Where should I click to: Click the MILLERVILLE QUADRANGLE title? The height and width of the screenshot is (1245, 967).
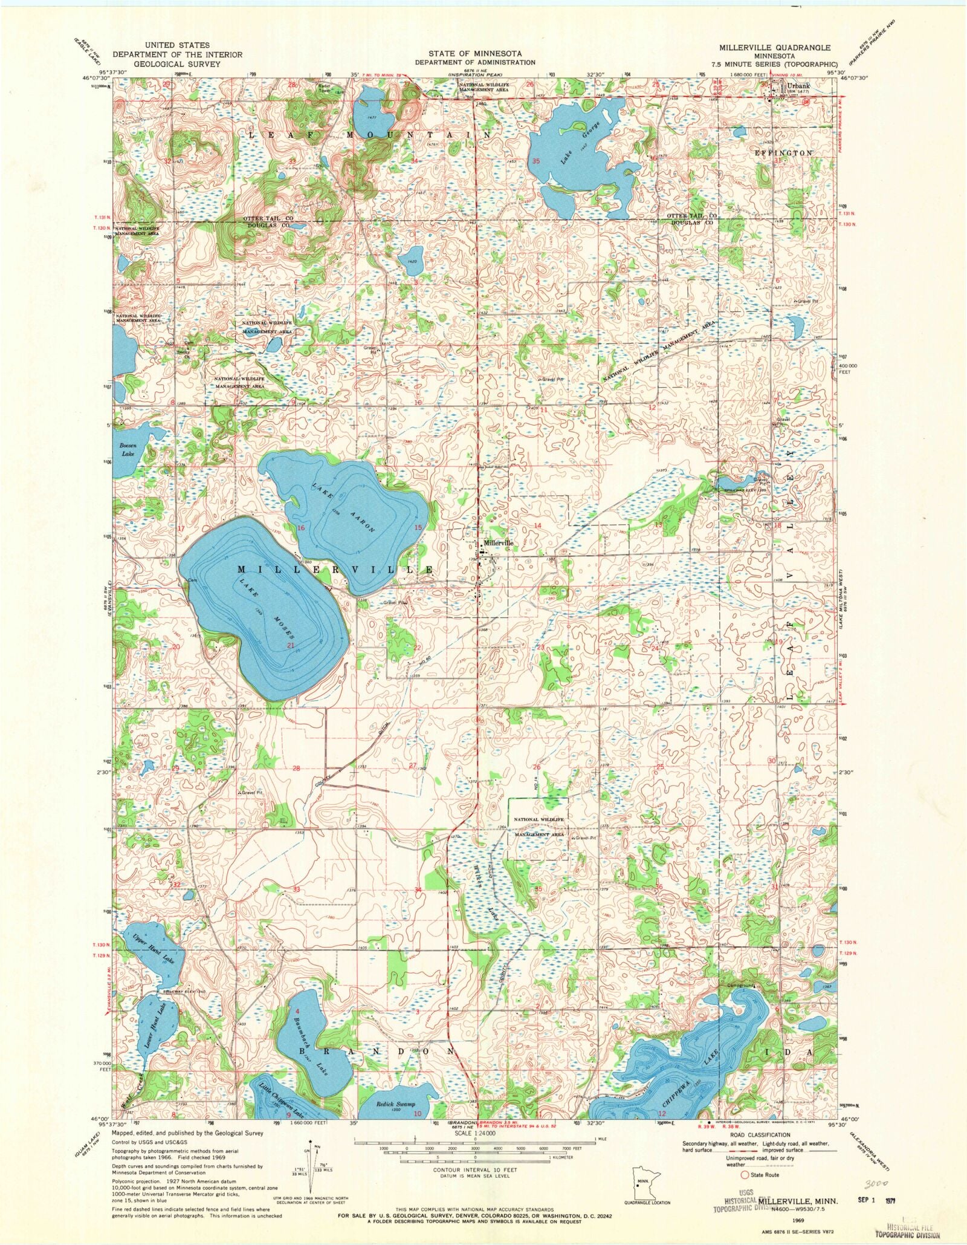coord(774,47)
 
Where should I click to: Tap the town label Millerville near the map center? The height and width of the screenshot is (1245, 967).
coord(498,543)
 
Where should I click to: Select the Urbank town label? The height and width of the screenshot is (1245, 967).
coord(798,86)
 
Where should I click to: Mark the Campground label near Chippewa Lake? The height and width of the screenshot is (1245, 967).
coord(740,985)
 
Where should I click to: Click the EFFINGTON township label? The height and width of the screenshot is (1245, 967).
coord(783,153)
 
